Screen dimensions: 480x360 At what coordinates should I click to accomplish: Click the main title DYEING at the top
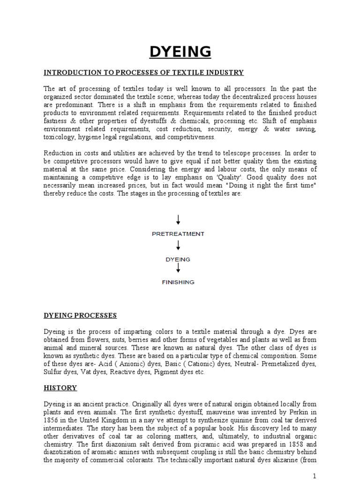(180, 52)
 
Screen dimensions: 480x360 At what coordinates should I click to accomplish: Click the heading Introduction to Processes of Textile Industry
(143, 73)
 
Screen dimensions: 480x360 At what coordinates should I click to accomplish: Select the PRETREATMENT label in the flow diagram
(178, 233)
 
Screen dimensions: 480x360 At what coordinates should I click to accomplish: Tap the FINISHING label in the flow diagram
(178, 282)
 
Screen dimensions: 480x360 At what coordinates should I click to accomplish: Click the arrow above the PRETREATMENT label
(178, 219)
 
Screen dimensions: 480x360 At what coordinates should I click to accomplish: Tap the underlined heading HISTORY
(60, 388)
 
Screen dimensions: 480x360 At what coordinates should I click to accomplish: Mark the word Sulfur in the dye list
(53, 371)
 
